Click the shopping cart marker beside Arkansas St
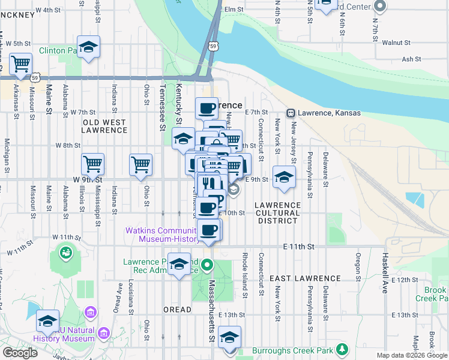[21, 63]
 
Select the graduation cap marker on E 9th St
[284, 176]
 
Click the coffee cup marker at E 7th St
[206, 108]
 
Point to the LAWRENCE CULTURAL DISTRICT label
[277, 213]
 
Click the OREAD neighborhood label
[177, 310]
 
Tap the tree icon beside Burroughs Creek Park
[342, 349]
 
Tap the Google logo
[20, 353]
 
